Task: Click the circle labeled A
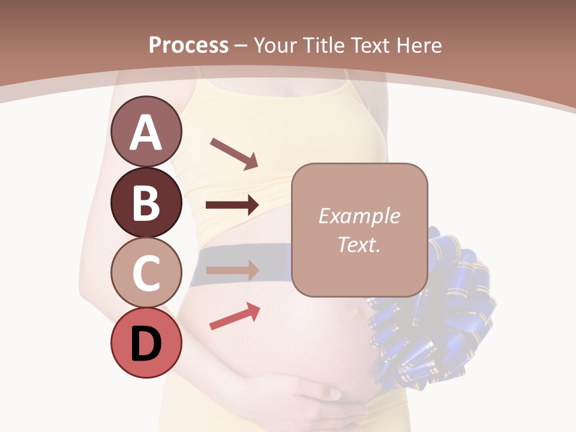(146, 131)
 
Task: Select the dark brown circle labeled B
(146, 202)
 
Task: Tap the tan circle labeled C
(146, 272)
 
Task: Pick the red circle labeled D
(146, 343)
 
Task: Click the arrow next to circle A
(234, 152)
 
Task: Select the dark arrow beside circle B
(232, 205)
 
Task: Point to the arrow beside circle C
(232, 269)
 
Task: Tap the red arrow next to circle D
(235, 316)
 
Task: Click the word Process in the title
(188, 45)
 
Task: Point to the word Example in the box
(359, 216)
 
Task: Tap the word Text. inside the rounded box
(359, 244)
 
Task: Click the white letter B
(146, 202)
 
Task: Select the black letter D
(146, 344)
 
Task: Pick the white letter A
(146, 132)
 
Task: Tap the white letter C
(146, 273)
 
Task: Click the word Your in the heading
(277, 45)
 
